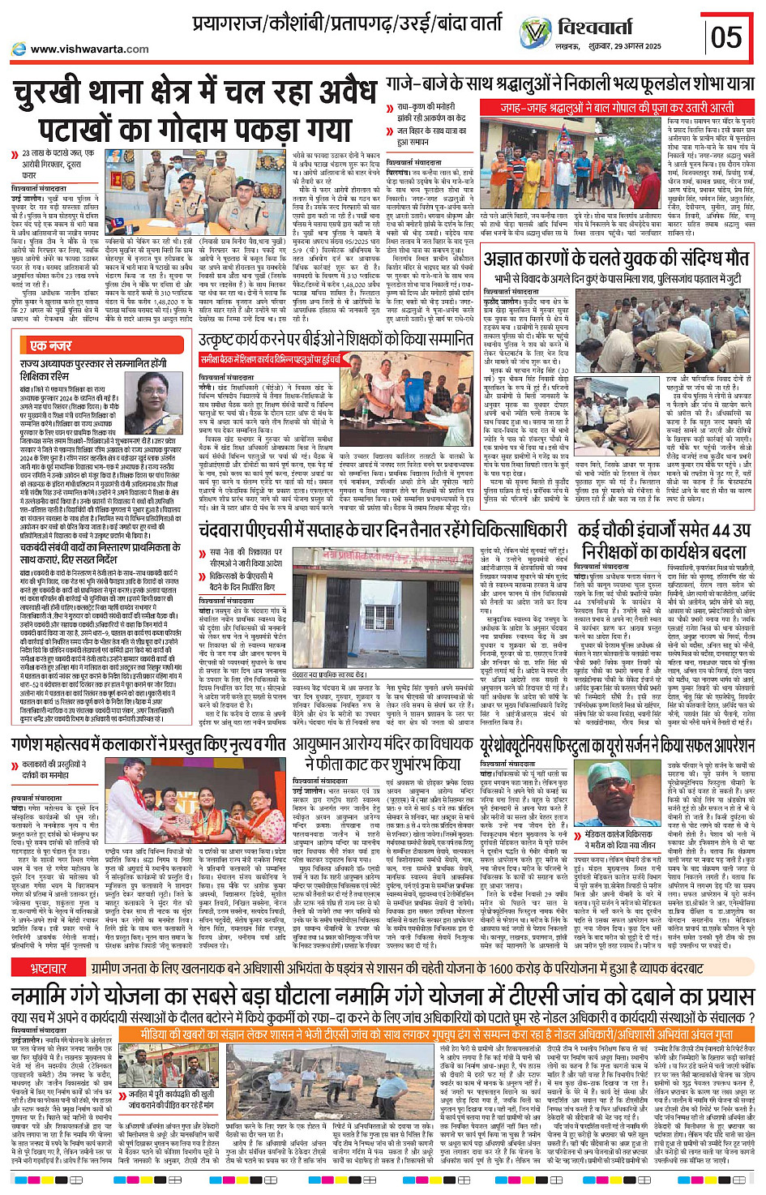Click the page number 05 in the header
tap(726, 36)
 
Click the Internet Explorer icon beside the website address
tap(19, 49)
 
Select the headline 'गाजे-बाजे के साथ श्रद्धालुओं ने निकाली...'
tap(570, 84)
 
